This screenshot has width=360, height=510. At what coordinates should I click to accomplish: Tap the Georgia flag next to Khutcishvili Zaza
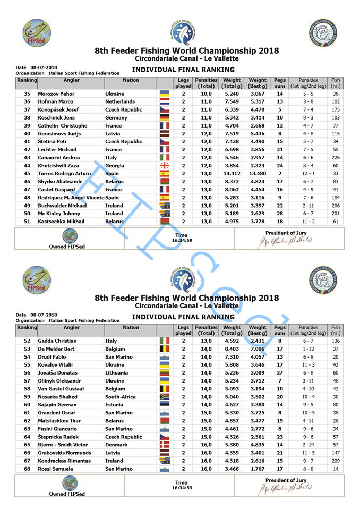point(164,165)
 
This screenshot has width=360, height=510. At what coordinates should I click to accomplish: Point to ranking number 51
point(27,220)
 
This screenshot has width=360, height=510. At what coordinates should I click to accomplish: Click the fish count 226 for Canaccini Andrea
point(336,157)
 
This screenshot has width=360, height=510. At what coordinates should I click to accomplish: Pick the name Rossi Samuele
point(53,469)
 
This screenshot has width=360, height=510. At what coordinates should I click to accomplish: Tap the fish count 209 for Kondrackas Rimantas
point(336,461)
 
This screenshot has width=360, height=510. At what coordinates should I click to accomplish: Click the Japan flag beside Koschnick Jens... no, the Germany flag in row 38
point(164,117)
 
